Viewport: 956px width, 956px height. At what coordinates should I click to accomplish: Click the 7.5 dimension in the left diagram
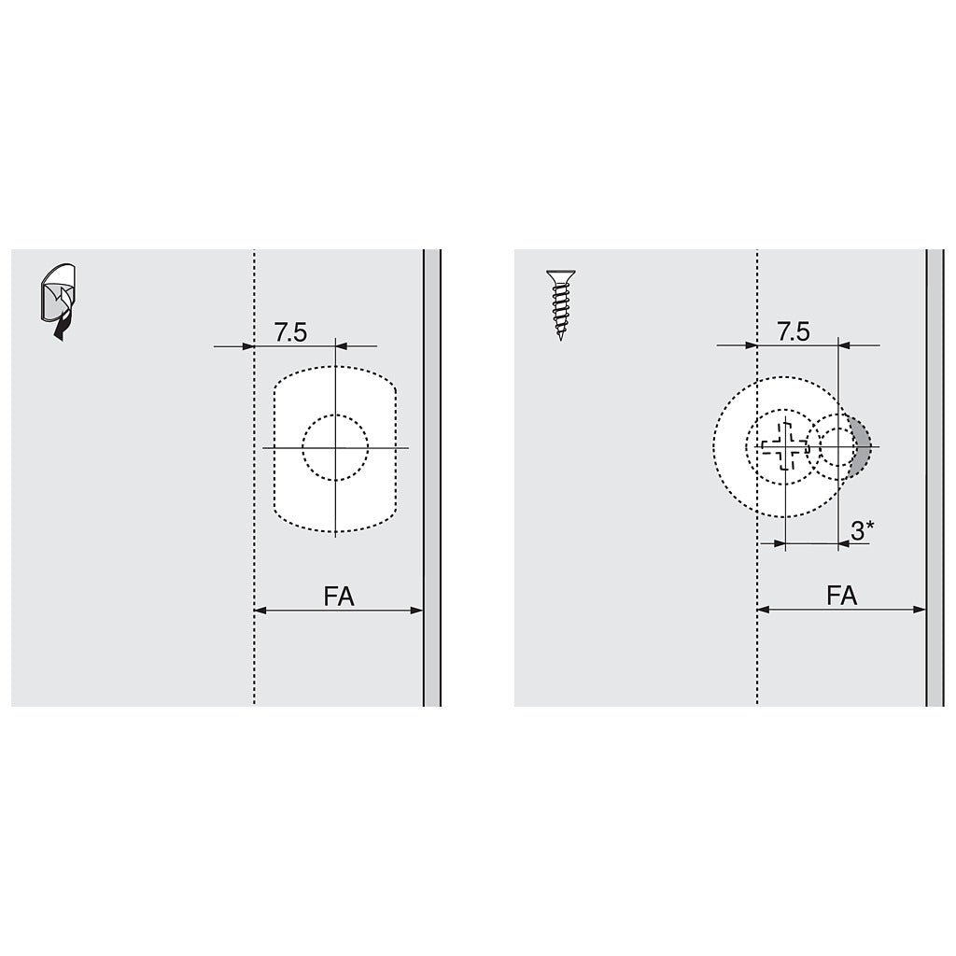point(290,331)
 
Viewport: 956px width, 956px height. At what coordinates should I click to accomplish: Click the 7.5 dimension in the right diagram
point(793,331)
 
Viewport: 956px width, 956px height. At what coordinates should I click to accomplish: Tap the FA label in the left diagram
point(339,597)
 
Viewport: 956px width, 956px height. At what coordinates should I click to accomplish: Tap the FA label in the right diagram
point(841,597)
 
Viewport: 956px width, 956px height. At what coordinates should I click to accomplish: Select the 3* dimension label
point(862,531)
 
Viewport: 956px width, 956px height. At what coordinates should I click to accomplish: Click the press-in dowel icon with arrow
point(58,301)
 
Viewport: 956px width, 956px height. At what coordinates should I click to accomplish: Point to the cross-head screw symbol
point(783,447)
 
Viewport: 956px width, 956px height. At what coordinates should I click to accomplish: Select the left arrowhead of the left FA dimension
point(260,611)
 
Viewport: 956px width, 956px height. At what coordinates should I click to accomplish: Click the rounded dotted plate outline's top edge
point(335,367)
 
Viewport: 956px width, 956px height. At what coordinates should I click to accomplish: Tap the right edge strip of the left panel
point(431,477)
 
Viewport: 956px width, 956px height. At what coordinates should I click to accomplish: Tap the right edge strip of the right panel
point(935,477)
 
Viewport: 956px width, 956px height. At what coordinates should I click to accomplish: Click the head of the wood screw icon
point(560,275)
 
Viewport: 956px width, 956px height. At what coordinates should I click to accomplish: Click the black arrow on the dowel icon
point(61,325)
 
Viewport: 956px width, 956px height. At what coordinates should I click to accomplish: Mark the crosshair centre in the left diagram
point(335,448)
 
